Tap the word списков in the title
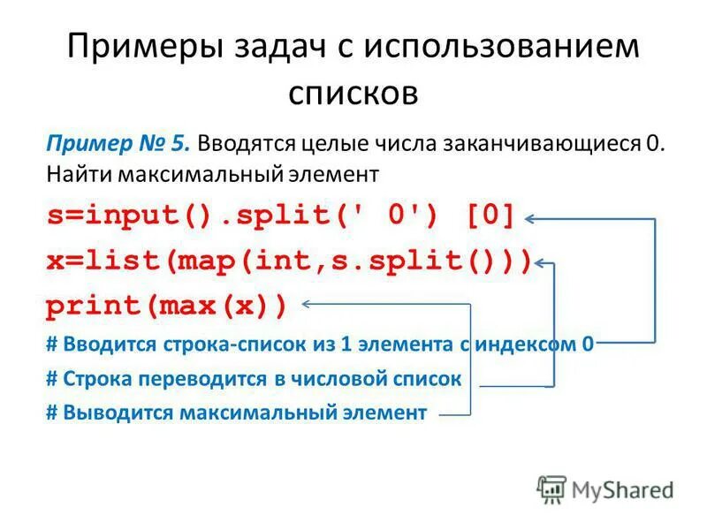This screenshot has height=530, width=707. tap(353, 91)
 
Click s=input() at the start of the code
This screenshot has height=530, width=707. tap(120, 216)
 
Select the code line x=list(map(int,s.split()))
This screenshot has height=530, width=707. tap(289, 261)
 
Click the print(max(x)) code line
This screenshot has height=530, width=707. tap(167, 307)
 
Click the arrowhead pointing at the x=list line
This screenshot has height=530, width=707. tap(544, 262)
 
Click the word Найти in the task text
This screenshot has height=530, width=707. tap(72, 174)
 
